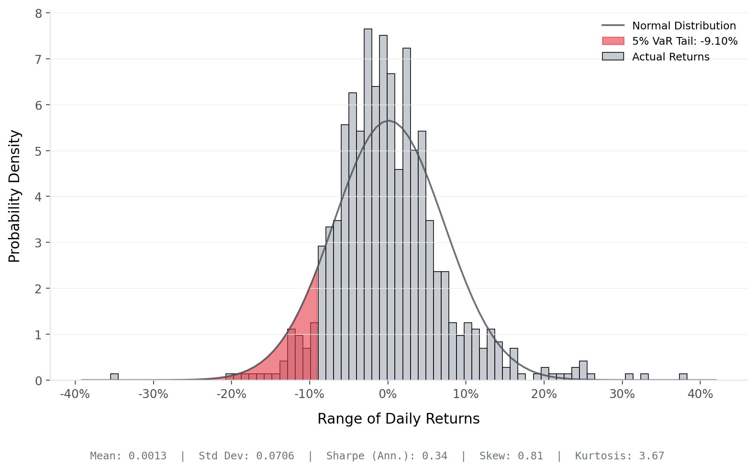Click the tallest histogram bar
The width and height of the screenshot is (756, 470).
[x=368, y=204]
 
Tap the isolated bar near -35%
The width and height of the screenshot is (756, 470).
[x=114, y=377]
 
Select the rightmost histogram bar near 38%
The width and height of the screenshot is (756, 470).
[x=683, y=377]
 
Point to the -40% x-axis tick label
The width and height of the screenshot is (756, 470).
[x=75, y=394]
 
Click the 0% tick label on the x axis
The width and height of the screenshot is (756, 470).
[x=388, y=394]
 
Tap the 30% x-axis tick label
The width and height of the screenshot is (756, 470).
[x=622, y=394]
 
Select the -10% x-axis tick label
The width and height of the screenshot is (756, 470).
[x=309, y=394]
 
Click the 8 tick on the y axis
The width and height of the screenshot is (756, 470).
[x=39, y=14]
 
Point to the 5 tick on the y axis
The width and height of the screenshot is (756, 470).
[x=39, y=151]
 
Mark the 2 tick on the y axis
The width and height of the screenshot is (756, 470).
[x=39, y=289]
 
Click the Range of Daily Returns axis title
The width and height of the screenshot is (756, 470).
[x=398, y=419]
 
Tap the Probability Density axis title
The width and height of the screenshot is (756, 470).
[x=14, y=196]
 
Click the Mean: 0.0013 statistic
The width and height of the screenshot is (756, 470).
[x=128, y=456]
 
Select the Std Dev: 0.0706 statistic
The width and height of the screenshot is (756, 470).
[x=246, y=456]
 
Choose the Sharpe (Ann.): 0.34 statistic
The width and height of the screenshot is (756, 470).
[x=387, y=456]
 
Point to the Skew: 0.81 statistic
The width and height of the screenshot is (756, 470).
[x=511, y=456]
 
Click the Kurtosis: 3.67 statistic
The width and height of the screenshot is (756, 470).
[x=619, y=456]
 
